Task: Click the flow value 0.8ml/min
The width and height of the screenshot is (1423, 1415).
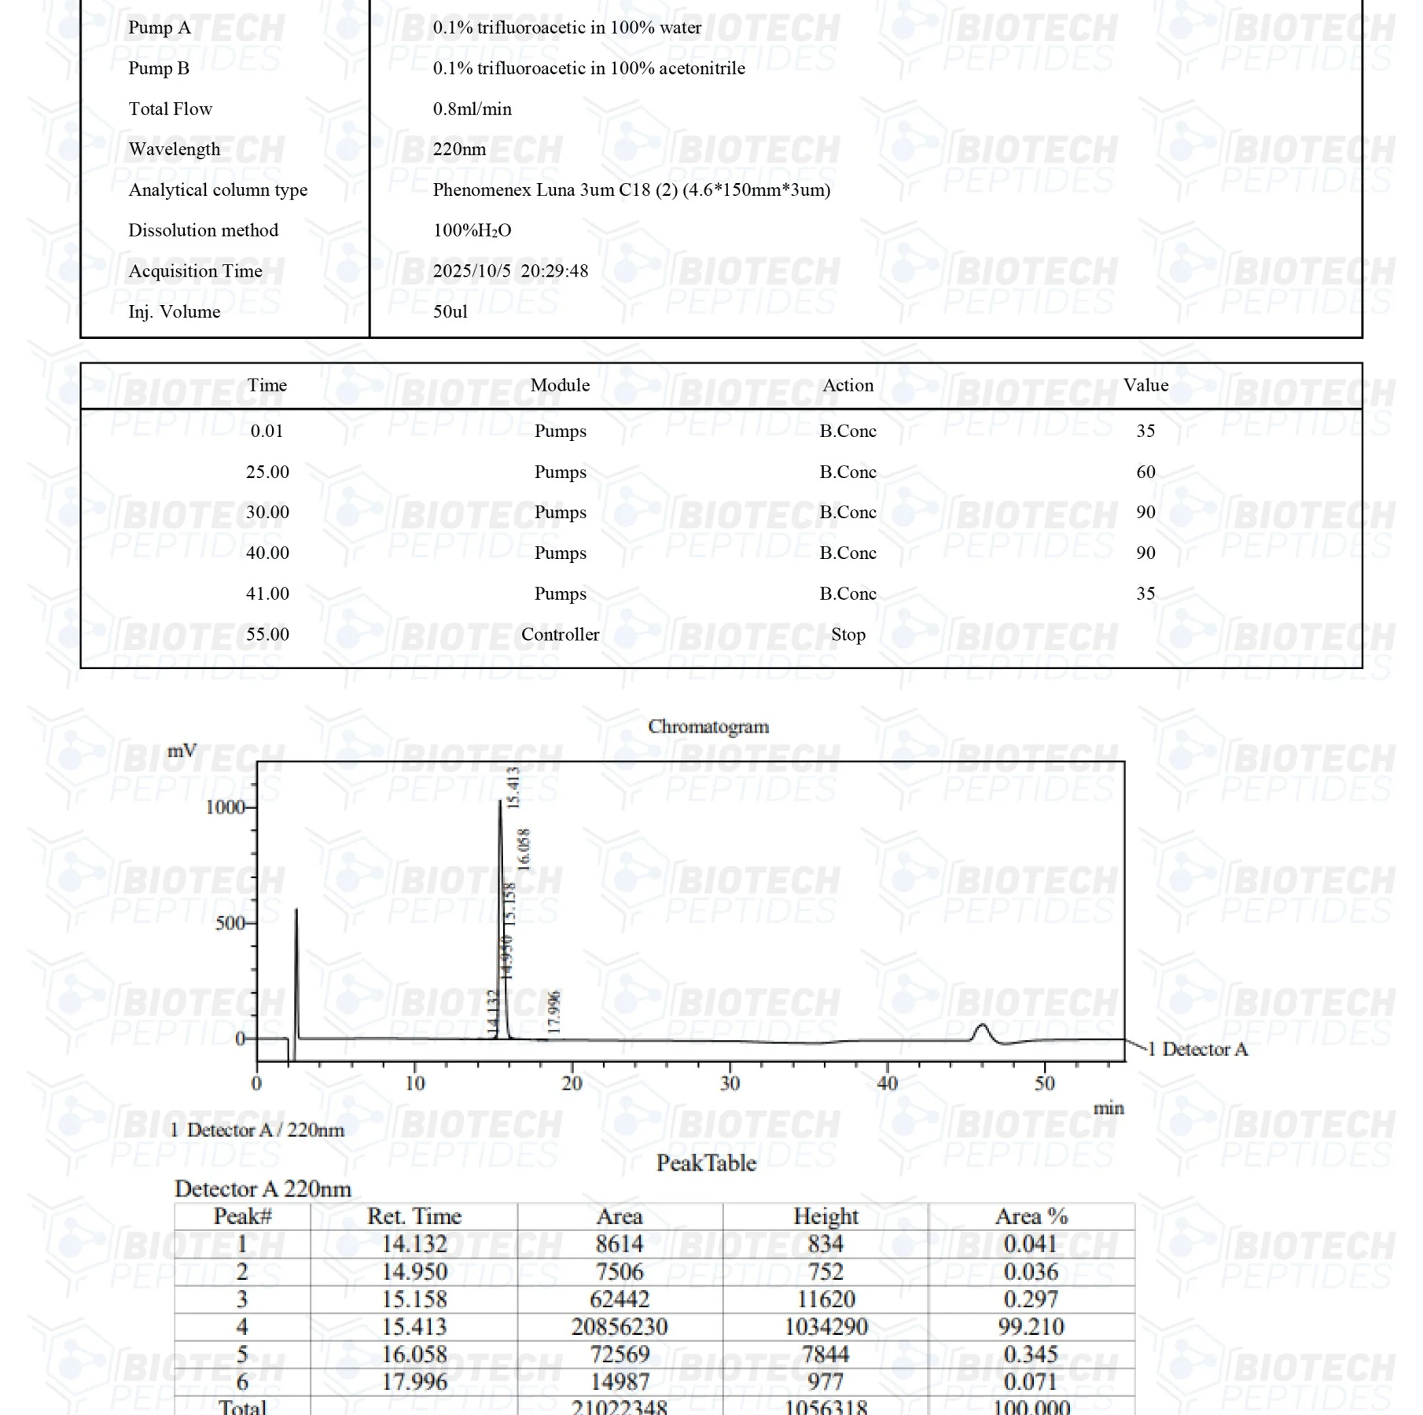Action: pos(472,109)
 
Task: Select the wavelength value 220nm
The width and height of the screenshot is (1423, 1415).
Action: pos(459,149)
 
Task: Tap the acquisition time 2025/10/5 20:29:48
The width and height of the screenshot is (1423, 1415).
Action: pos(510,271)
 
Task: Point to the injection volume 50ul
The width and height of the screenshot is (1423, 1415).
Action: pos(450,312)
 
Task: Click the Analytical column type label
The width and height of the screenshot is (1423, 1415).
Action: pos(218,190)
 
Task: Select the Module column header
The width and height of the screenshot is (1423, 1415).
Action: pos(560,385)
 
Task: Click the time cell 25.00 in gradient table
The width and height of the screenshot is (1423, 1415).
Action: pos(267,472)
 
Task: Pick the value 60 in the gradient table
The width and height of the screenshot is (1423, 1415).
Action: pos(1145,472)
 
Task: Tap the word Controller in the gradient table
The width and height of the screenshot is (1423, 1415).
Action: pos(560,634)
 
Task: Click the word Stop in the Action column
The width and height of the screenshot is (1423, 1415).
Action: pos(848,634)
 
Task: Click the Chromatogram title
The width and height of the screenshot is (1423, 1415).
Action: pos(708,726)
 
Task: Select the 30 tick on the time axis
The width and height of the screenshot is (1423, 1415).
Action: pos(730,1083)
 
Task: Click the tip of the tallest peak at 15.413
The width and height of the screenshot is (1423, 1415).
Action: pos(500,802)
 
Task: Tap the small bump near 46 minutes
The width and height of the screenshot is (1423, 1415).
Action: pos(981,1026)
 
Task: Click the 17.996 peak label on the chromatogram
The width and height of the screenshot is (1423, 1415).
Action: pos(554,1012)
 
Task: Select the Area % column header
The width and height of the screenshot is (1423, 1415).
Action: pos(1031,1217)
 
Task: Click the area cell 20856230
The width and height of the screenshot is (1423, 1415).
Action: pos(620,1327)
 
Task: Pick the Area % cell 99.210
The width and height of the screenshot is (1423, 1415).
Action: pos(1031,1327)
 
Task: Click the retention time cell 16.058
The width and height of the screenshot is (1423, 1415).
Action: pos(414,1354)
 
